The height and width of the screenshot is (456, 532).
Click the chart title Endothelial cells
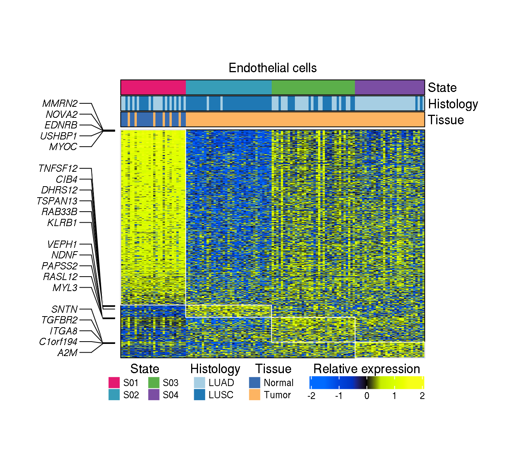272,68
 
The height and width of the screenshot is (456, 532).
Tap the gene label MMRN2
60,103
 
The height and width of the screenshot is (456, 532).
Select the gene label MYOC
63,147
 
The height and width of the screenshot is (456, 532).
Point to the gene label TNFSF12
58,168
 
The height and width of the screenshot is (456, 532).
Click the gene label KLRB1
62,223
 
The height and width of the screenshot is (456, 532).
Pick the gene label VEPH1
62,244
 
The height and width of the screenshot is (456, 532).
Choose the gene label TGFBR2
60,320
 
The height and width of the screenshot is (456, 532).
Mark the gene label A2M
68,353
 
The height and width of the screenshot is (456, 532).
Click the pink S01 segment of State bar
153,87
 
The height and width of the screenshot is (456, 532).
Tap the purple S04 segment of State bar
389,87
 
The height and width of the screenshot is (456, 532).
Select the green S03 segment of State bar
313,87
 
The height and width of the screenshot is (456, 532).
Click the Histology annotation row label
453,104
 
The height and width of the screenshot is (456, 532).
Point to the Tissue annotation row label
446,120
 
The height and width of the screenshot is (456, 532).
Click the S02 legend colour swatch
114,395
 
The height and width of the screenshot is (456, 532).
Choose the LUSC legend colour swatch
199,395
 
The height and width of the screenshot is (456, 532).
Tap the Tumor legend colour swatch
255,395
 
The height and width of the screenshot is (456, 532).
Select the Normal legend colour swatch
255,383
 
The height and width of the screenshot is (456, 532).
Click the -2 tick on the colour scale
311,396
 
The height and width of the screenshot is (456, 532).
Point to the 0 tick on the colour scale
367,396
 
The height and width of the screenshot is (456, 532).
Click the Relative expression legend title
366,369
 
